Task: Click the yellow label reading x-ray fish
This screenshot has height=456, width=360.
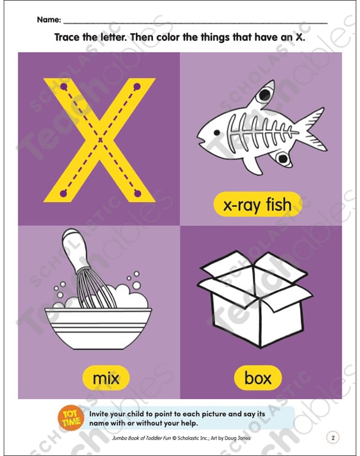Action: pos(258,204)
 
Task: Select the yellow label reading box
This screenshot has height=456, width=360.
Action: pos(258,378)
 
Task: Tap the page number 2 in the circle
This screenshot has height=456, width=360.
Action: pos(332,438)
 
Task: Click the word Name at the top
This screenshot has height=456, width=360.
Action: pos(48,20)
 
